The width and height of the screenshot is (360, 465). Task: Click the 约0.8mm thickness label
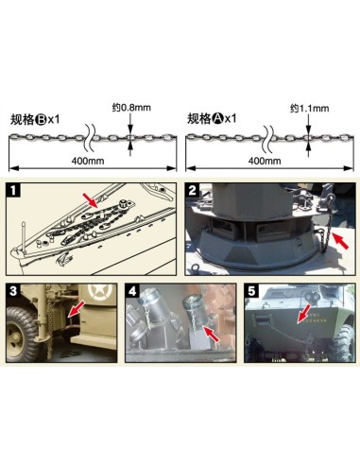[x=131, y=108]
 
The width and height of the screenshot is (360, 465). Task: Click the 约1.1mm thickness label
[x=310, y=109]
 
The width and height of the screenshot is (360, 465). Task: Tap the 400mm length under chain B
[x=88, y=161]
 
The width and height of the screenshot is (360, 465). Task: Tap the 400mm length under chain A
[x=265, y=161]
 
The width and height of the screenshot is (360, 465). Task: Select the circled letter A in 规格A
[x=217, y=119]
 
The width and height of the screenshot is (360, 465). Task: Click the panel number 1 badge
[x=13, y=191]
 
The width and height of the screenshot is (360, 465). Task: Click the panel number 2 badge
[x=193, y=190]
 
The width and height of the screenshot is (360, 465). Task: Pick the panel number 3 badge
[x=13, y=290]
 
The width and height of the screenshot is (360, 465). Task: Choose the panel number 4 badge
[x=132, y=290]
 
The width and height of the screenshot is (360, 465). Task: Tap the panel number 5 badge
[x=251, y=291]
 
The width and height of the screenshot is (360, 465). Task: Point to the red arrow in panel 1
[x=91, y=200]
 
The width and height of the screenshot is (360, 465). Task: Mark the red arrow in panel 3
[x=77, y=309]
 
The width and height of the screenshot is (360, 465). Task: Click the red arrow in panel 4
[x=212, y=334]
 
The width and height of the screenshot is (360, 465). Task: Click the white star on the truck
[x=97, y=292]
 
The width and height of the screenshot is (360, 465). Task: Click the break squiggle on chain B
[x=89, y=137]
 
